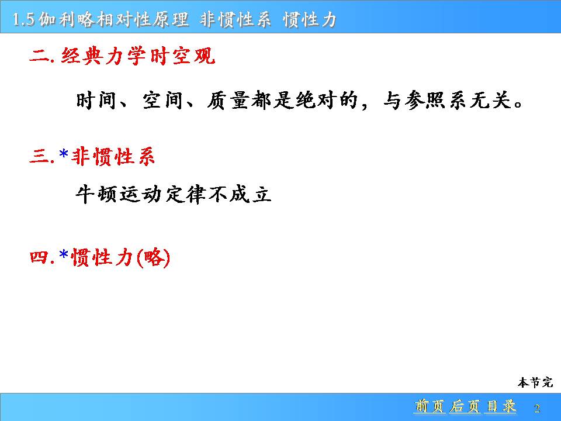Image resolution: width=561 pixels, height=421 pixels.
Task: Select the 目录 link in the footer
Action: pos(501,406)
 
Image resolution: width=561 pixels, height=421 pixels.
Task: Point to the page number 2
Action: pos(536,408)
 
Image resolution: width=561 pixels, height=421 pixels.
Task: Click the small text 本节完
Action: pos(535,382)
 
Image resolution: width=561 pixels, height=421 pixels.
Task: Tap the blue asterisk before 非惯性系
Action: pos(64,154)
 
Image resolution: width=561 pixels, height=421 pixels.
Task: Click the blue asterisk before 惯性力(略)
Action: pos(64,255)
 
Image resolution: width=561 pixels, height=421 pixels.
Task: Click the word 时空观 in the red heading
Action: pos(182,56)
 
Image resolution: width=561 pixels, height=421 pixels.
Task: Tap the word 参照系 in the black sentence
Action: pos(436,100)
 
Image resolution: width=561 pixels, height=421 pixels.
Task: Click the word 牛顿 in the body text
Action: pos(96,195)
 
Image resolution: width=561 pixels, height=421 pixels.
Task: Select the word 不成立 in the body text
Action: pos(240,195)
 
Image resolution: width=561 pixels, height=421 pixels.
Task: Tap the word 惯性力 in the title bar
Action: pos(310,19)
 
